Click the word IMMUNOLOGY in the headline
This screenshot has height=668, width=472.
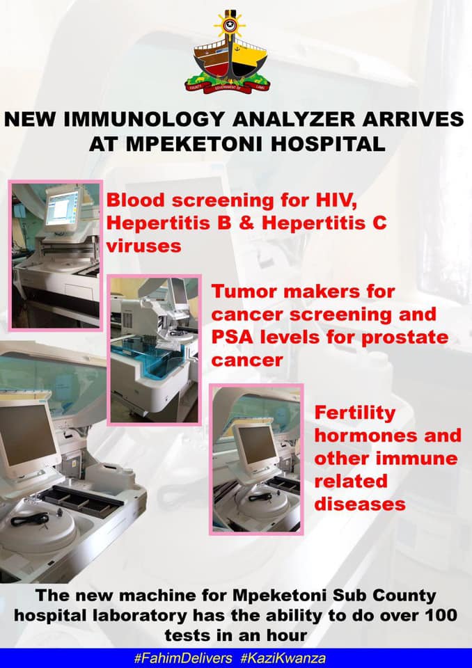coord(143,119)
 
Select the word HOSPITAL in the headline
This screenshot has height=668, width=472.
coord(328,145)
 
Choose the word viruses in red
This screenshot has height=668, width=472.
coord(143,246)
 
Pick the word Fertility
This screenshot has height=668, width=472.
coord(355,413)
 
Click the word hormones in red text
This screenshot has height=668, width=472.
coord(357,436)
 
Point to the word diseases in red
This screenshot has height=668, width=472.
coord(360,504)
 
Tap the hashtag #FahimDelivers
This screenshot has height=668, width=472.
coord(183,658)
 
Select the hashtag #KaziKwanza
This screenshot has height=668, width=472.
coord(283,658)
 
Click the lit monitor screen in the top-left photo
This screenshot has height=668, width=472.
coord(62,207)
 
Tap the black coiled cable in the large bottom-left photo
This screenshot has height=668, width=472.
coord(30,519)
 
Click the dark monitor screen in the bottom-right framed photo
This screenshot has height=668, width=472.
coord(257,445)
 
